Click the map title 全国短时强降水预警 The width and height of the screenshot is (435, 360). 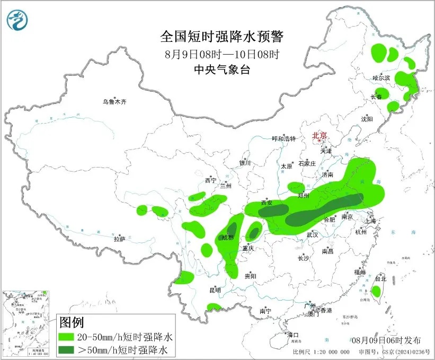tap(223, 37)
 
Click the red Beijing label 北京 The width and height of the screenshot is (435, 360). tap(319, 135)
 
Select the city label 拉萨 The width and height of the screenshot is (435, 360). tap(119, 239)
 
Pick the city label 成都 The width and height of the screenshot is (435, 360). tap(227, 238)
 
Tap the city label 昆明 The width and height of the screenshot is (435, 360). tap(215, 290)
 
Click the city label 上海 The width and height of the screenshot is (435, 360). tap(371, 221)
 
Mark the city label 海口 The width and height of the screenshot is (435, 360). tap(293, 335)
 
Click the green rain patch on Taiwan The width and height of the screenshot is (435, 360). tap(376, 291)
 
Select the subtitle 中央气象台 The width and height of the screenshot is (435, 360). tap(222, 69)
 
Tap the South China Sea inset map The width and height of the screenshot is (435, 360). tap(27, 324)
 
